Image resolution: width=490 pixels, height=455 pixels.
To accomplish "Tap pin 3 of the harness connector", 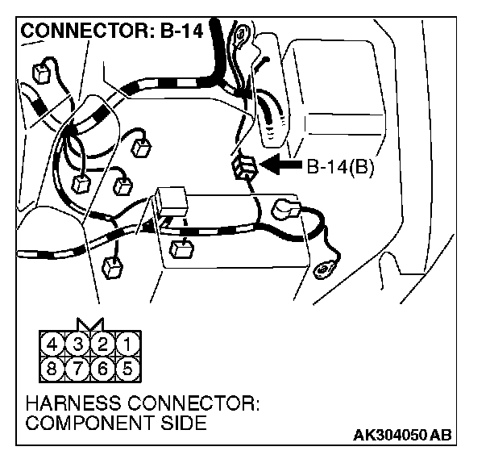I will pyautogui.click(x=79, y=344).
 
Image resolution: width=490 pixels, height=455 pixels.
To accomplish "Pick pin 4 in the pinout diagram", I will pyautogui.click(x=55, y=344).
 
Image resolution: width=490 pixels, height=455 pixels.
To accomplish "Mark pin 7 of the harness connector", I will pyautogui.click(x=79, y=369).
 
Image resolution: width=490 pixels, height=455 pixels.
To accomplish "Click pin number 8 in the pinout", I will pyautogui.click(x=55, y=369).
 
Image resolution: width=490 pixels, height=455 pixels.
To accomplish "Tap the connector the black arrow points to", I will pyautogui.click(x=245, y=168).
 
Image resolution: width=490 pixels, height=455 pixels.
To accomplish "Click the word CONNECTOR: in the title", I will pyautogui.click(x=87, y=33).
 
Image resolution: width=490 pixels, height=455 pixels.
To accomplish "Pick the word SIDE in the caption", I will pyautogui.click(x=176, y=424).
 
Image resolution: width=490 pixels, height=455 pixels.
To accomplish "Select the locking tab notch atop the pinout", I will pyautogui.click(x=89, y=324).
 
